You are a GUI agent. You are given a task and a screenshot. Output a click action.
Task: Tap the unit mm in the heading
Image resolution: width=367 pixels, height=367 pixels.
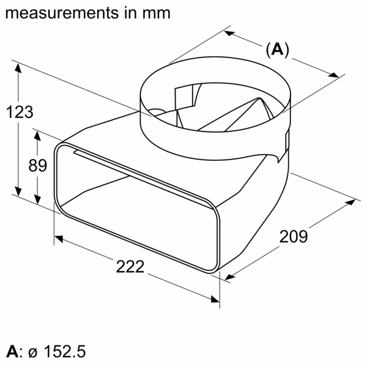coord(157,12)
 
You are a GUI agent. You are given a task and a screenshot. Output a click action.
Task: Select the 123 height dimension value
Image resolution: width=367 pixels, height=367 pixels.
coord(20,112)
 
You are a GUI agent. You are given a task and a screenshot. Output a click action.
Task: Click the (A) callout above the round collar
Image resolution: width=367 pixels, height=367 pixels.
coord(277,50)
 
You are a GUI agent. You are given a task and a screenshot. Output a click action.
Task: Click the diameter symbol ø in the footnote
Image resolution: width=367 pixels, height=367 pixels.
coord(33,353)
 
